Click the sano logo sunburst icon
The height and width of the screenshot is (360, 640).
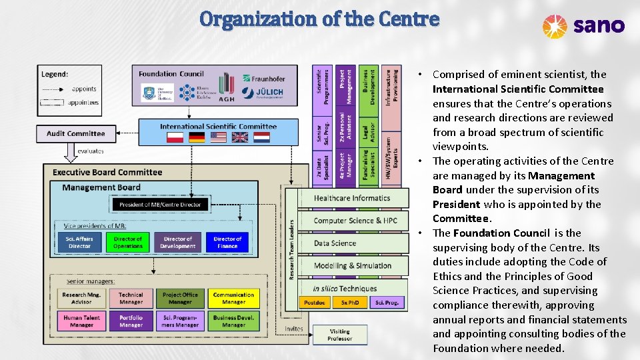pyautogui.click(x=555, y=26)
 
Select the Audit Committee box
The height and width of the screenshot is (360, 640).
pyautogui.click(x=75, y=133)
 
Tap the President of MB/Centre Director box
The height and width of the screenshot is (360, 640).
pyautogui.click(x=160, y=204)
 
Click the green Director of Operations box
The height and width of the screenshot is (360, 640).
pyautogui.click(x=128, y=242)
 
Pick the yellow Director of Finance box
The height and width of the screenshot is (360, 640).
pyautogui.click(x=227, y=242)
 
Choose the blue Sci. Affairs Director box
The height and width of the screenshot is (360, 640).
pyautogui.click(x=79, y=242)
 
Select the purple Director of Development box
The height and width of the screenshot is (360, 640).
pyautogui.click(x=178, y=242)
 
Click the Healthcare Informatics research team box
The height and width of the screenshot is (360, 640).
pyautogui.click(x=351, y=198)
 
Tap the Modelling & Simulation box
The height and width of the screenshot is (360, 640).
pyautogui.click(x=353, y=265)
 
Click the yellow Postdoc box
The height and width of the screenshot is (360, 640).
pyautogui.click(x=314, y=302)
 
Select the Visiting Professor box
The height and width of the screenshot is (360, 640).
pyautogui.click(x=340, y=335)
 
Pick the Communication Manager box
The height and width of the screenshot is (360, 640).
pyautogui.click(x=233, y=298)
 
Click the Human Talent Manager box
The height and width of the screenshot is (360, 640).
pyautogui.click(x=81, y=321)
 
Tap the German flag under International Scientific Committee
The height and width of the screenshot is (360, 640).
pyautogui.click(x=197, y=137)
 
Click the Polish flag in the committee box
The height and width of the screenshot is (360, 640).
pyautogui.click(x=175, y=137)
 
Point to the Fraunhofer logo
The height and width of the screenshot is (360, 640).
pyautogui.click(x=264, y=79)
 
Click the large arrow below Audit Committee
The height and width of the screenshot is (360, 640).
pyautogui.click(x=70, y=153)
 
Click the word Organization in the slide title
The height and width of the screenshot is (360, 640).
pyautogui.click(x=256, y=19)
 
